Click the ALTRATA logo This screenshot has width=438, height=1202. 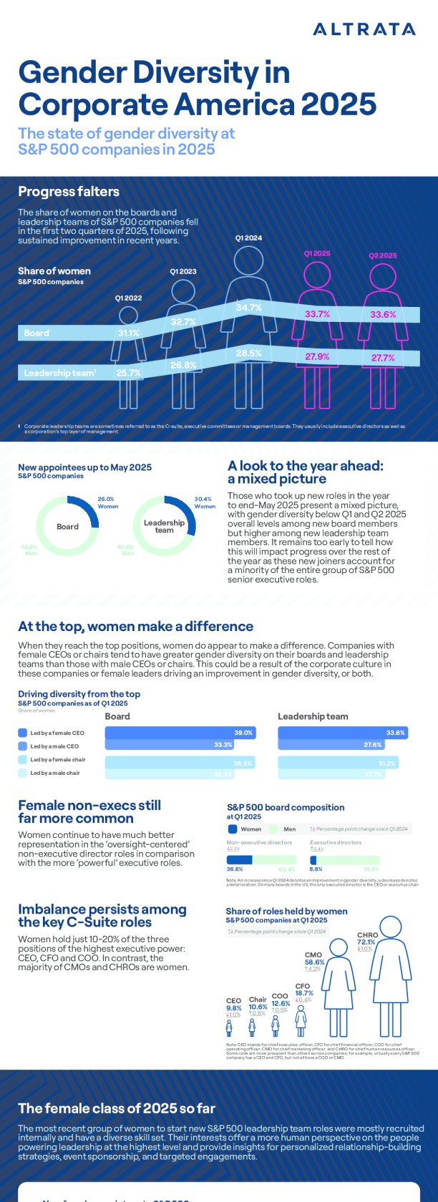tap(364, 29)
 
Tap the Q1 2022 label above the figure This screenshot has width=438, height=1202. tap(128, 298)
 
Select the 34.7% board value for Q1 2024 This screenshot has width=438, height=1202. tap(249, 308)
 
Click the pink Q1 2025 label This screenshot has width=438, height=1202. tap(317, 254)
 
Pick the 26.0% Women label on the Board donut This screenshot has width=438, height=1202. tap(107, 502)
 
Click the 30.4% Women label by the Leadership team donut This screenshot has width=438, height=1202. tap(205, 502)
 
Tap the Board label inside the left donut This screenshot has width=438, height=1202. tap(67, 527)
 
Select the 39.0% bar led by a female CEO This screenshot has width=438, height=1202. tap(180, 733)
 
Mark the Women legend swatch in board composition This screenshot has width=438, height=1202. tap(233, 829)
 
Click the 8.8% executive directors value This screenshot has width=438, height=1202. tap(316, 869)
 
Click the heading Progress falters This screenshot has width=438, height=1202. tap(69, 192)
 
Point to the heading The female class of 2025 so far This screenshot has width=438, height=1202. tap(117, 1108)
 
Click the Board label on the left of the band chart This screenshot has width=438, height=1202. tap(36, 333)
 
